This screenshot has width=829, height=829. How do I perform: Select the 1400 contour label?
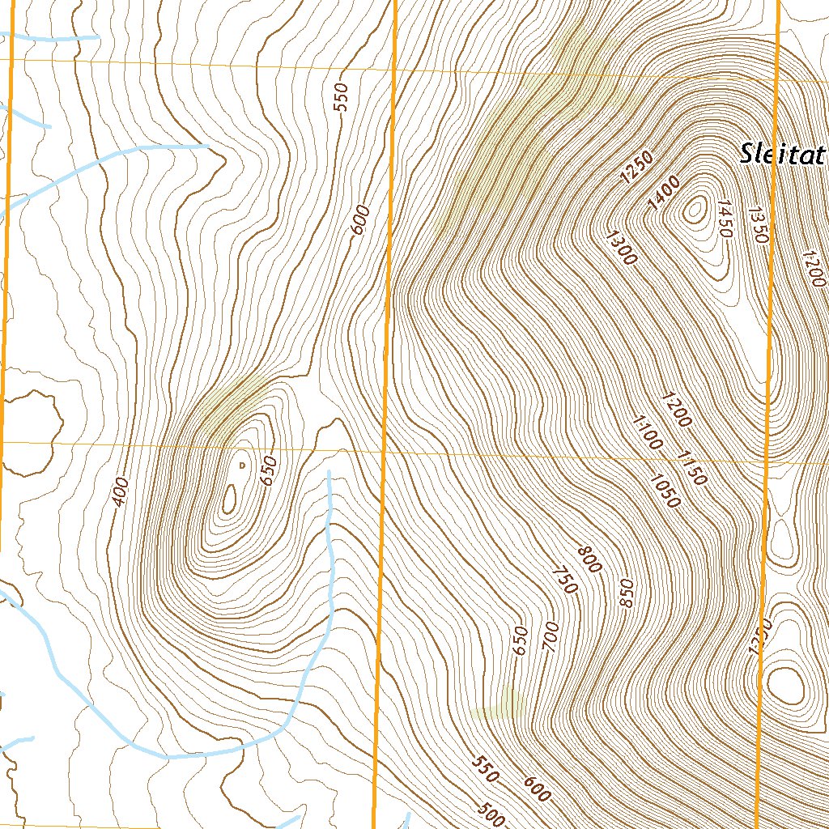tap(664, 194)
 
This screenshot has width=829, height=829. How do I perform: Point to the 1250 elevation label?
tap(636, 168)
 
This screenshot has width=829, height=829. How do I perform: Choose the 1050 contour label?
tap(664, 489)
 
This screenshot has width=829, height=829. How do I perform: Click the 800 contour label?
tap(589, 559)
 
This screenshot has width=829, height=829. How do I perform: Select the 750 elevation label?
tap(563, 580)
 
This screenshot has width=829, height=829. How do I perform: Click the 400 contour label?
tap(121, 491)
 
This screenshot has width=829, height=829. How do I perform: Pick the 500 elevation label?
tap(491, 815)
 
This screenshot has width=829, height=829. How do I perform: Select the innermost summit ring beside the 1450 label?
tap(694, 210)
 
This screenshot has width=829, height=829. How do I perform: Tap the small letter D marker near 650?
tap(241, 465)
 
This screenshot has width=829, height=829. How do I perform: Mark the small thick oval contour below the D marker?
tap(229, 499)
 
